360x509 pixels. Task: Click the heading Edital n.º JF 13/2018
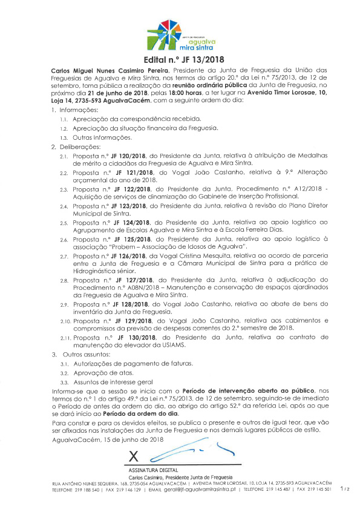click(x=180, y=60)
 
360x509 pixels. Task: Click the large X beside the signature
click(x=134, y=454)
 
